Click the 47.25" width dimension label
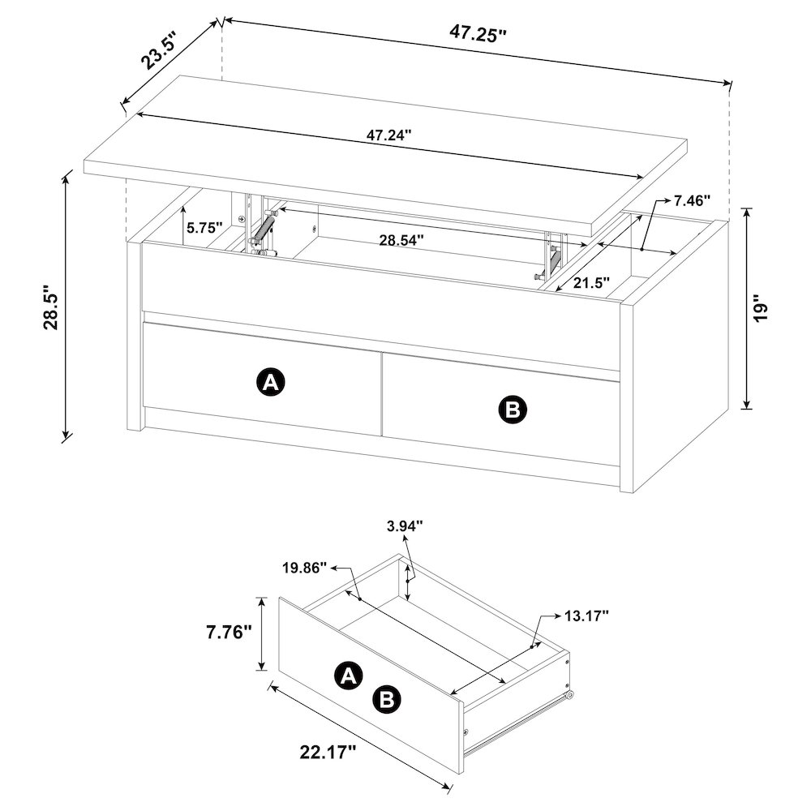click(x=477, y=33)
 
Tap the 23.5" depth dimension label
click(x=160, y=50)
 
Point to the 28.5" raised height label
click(x=54, y=307)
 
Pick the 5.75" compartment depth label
click(x=204, y=228)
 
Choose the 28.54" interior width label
click(x=401, y=241)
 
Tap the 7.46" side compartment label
click(x=692, y=200)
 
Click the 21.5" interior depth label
click(x=592, y=283)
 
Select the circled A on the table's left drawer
click(x=271, y=383)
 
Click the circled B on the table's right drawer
click(x=513, y=410)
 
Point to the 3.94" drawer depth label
click(x=405, y=526)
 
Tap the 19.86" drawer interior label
click(x=304, y=568)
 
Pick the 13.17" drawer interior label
click(x=586, y=616)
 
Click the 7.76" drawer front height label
click(x=230, y=632)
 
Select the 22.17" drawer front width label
click(x=328, y=752)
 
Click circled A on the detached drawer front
click(x=349, y=675)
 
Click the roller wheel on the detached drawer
click(x=569, y=696)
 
